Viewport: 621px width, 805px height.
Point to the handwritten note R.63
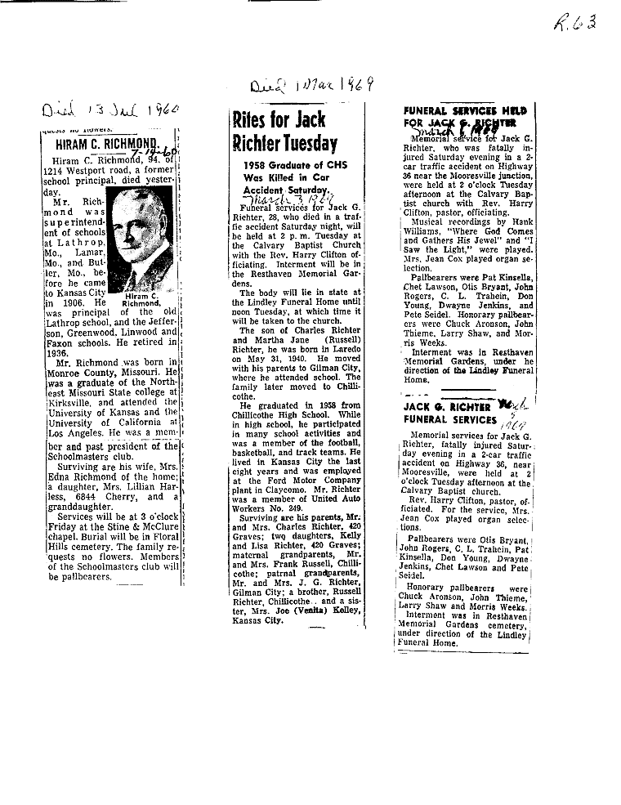[x=575, y=21]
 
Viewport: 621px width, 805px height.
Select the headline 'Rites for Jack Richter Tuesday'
[x=284, y=132]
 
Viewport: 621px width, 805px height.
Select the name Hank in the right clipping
[x=518, y=221]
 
